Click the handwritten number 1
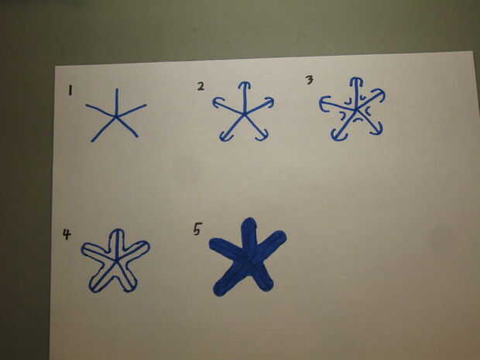coord(70,91)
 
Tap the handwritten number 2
coord(201,87)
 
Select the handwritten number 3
coord(310,80)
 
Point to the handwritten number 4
coord(67,234)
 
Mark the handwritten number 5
coord(197,228)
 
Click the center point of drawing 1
coord(115,117)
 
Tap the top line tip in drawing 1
coord(117,89)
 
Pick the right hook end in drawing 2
coord(269,102)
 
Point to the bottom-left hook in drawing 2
coord(226,137)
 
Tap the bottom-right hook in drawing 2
coord(262,136)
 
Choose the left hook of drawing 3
coord(323,104)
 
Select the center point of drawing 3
coord(356,108)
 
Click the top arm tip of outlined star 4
coord(117,230)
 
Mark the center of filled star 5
coord(249,260)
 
